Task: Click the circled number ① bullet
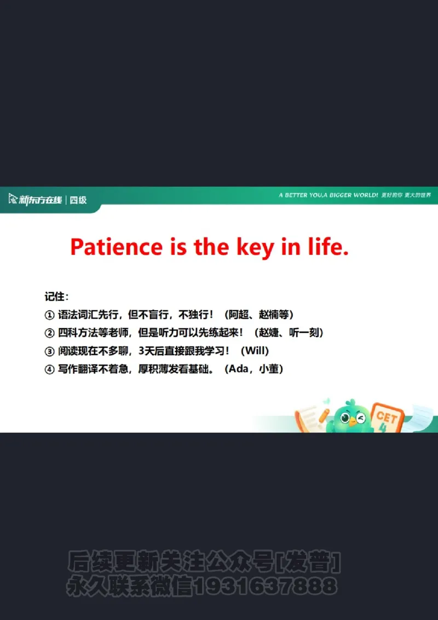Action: tap(49, 315)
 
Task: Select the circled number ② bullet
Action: tap(49, 333)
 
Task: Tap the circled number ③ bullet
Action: tap(49, 351)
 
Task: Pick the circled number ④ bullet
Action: tap(49, 369)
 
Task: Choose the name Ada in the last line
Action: tap(239, 369)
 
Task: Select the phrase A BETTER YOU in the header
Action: tap(301, 195)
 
